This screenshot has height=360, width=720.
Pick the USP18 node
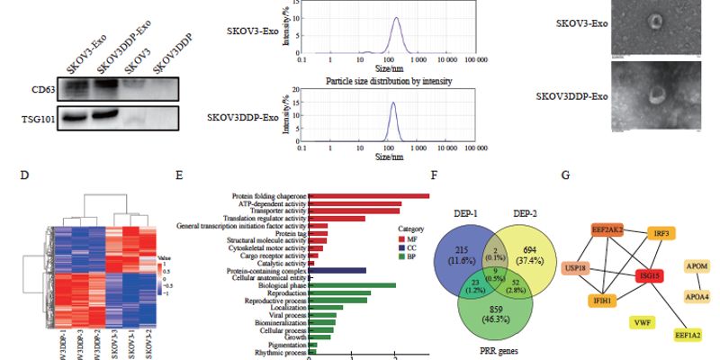[x=577, y=268]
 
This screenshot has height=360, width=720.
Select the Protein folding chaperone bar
[x=369, y=195]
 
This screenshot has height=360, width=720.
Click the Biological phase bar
[x=352, y=285]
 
